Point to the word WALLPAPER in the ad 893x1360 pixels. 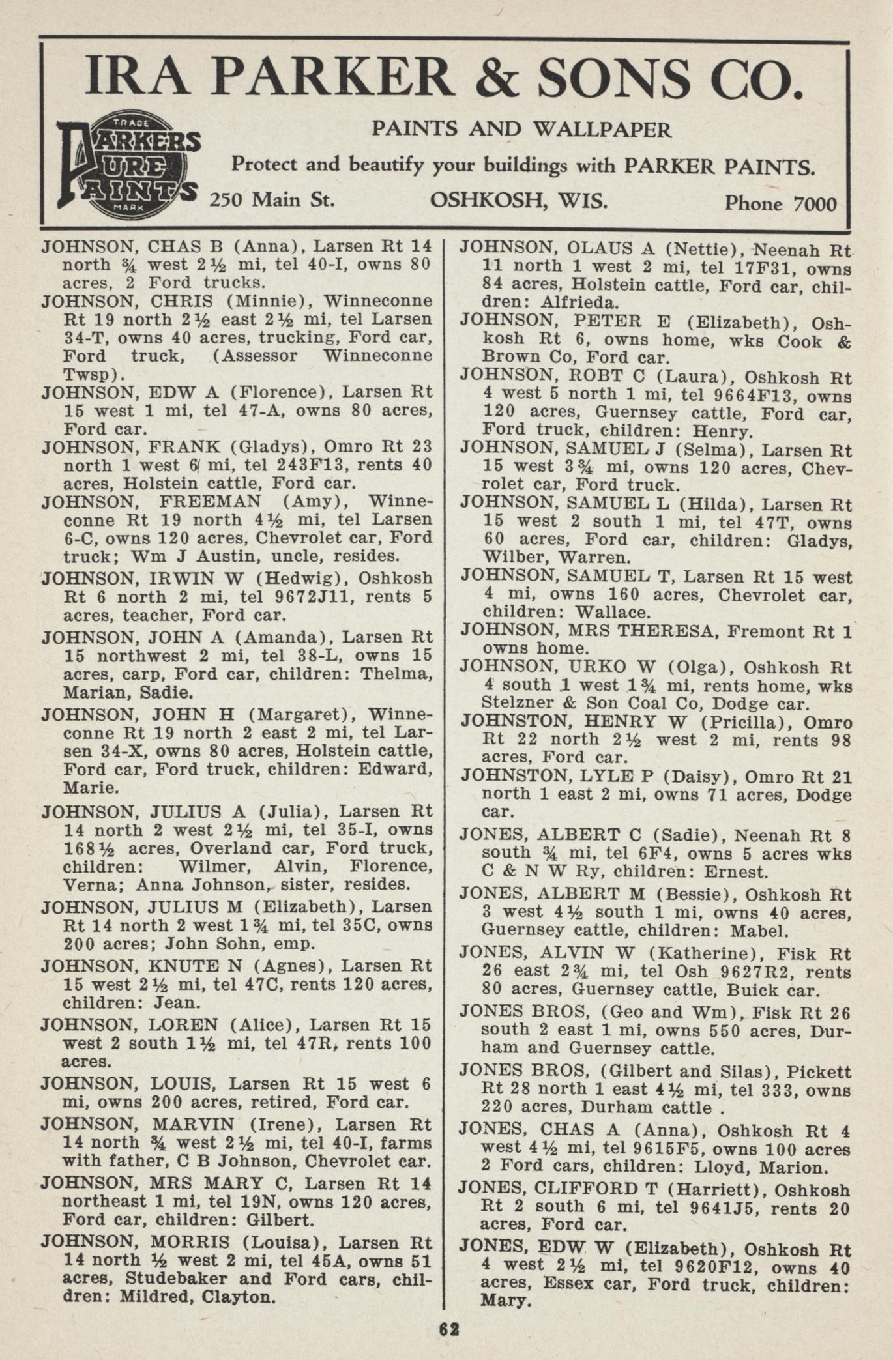[x=602, y=130]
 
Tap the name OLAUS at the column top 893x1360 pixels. [x=600, y=248]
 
